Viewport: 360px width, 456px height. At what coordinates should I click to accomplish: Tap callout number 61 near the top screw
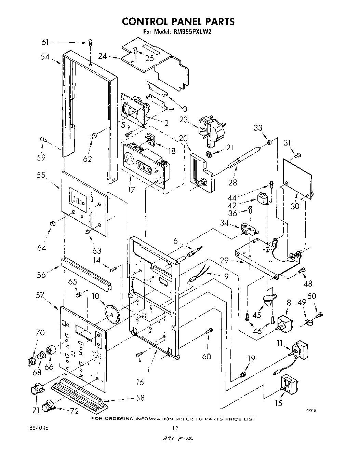click(x=45, y=42)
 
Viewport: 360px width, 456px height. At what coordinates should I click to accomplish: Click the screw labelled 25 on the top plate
click(x=135, y=51)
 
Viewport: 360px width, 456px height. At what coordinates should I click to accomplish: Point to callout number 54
click(x=45, y=57)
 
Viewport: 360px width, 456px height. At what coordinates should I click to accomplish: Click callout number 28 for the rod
click(x=232, y=182)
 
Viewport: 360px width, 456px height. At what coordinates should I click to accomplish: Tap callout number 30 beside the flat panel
click(x=295, y=206)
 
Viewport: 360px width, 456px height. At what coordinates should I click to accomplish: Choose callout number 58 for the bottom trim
click(x=139, y=398)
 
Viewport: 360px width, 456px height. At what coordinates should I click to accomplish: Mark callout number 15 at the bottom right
click(x=279, y=403)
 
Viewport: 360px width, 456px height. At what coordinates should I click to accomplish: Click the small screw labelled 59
click(x=43, y=139)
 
